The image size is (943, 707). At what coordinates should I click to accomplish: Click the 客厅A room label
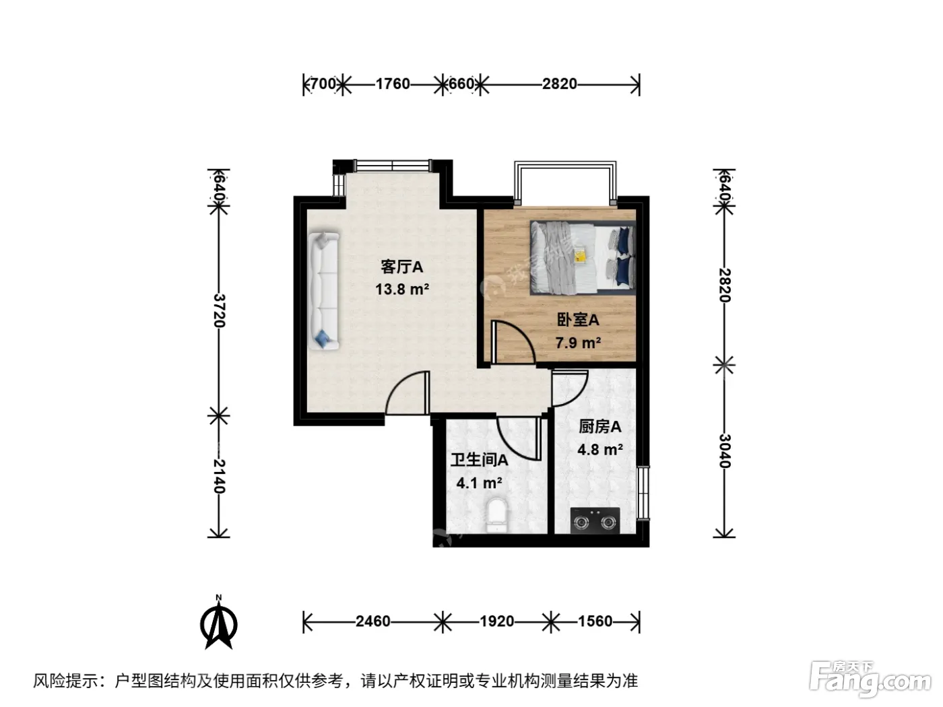click(401, 267)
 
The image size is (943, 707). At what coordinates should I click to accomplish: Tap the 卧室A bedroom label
click(577, 320)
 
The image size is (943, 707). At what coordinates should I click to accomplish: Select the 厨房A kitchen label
click(599, 427)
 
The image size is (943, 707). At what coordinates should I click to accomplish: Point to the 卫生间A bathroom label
click(479, 460)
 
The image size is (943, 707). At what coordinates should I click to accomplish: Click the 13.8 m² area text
click(402, 290)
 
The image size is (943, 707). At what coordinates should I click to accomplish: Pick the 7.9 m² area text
click(578, 343)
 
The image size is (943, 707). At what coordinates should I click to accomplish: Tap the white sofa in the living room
click(324, 291)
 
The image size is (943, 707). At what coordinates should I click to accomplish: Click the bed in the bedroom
click(583, 258)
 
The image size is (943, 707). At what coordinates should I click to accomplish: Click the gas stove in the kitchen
click(595, 520)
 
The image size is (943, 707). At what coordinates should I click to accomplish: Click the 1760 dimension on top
click(393, 84)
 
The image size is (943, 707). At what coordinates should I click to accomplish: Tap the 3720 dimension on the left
click(219, 310)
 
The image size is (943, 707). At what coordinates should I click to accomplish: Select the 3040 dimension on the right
click(724, 450)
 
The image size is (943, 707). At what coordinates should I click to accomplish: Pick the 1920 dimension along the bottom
click(496, 621)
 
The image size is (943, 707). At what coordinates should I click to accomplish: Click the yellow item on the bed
click(581, 256)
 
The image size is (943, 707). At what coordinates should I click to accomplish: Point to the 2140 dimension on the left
click(219, 476)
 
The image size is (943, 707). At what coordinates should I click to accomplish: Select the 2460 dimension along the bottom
click(373, 621)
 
